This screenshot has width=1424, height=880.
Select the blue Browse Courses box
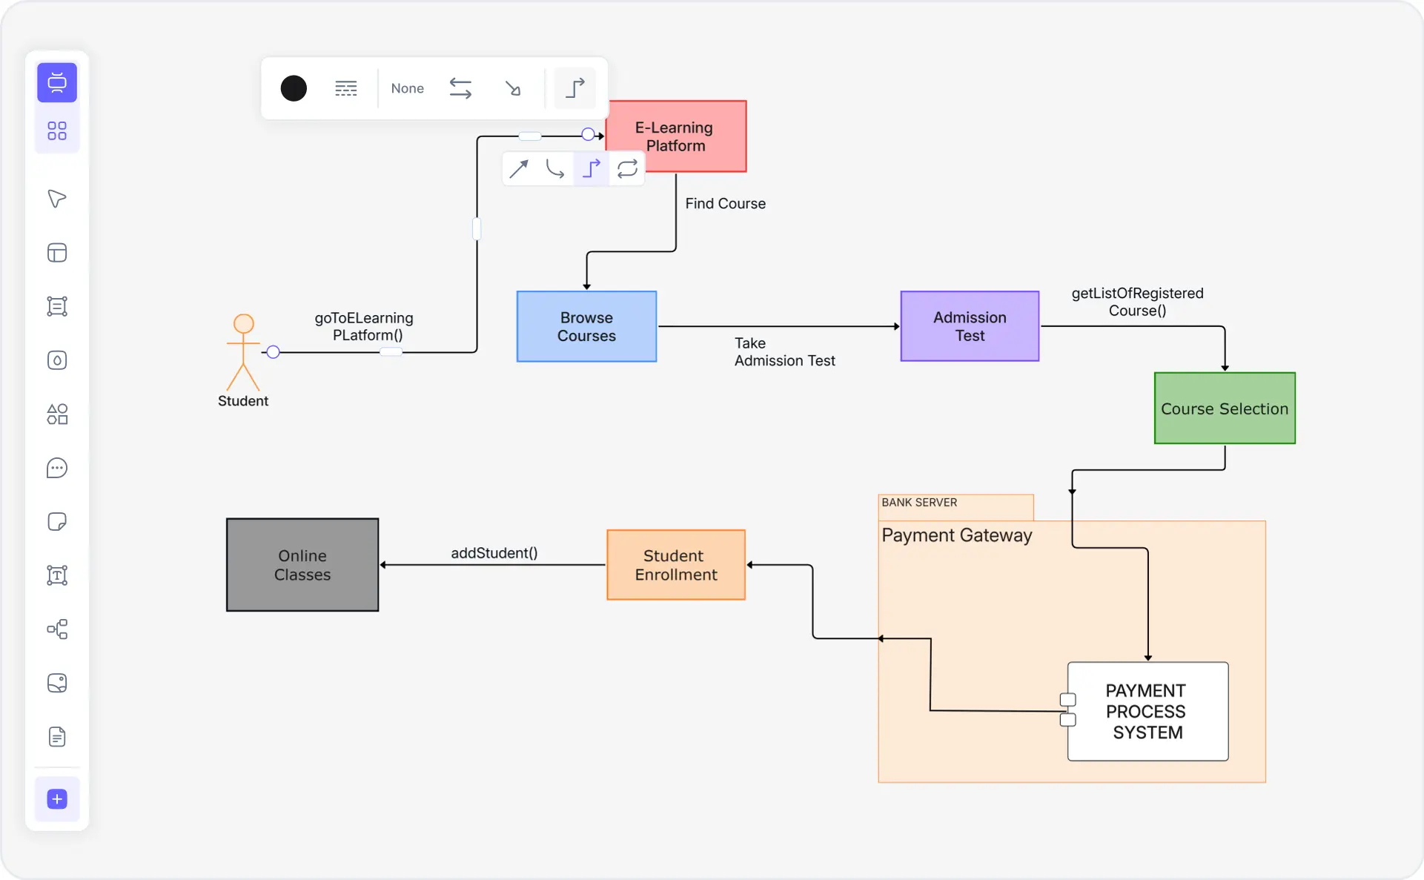click(586, 326)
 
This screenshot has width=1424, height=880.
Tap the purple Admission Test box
click(970, 326)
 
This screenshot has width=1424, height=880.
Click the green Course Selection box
click(1225, 408)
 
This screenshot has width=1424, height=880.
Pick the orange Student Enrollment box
click(675, 565)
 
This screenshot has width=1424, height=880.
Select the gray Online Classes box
click(302, 565)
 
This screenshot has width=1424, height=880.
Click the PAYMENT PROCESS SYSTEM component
click(1148, 711)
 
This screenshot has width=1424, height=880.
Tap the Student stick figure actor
click(243, 353)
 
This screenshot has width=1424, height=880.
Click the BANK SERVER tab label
click(919, 503)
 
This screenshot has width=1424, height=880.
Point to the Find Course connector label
click(725, 203)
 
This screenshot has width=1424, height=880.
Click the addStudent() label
click(494, 553)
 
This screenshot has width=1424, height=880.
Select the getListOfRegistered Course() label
click(1137, 302)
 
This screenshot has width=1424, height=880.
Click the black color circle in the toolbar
click(294, 88)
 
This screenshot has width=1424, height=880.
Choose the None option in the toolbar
click(407, 88)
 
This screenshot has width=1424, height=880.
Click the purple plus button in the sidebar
click(57, 798)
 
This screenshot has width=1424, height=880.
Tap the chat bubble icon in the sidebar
click(57, 468)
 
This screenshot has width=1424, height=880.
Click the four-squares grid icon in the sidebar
click(57, 131)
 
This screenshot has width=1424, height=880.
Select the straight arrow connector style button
click(519, 169)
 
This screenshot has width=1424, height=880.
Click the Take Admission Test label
click(784, 352)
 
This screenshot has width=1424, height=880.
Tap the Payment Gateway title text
click(956, 535)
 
